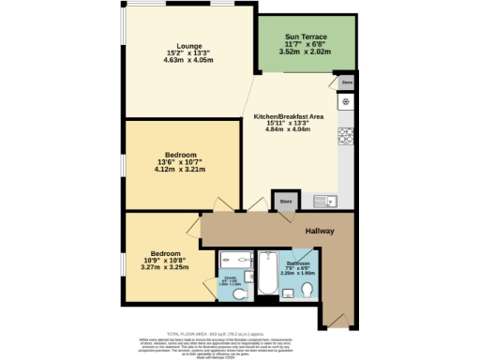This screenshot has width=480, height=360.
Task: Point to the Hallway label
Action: click(x=319, y=232)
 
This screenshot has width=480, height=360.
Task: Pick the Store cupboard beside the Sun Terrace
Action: click(x=347, y=83)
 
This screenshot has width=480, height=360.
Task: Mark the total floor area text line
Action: click(x=239, y=334)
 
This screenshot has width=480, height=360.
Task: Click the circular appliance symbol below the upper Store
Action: click(x=347, y=100)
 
